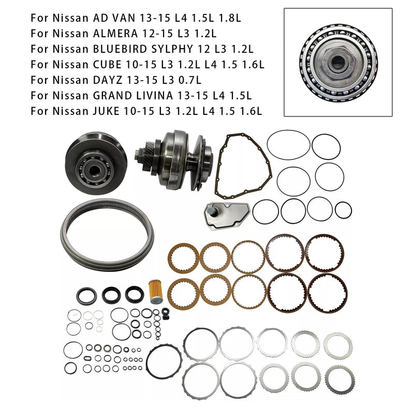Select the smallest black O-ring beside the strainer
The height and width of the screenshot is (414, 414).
click(343, 210)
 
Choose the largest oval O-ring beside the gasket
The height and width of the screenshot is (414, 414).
click(288, 145)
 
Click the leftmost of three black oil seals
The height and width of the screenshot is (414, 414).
click(86, 296)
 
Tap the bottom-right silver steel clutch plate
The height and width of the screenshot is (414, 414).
click(338, 378)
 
